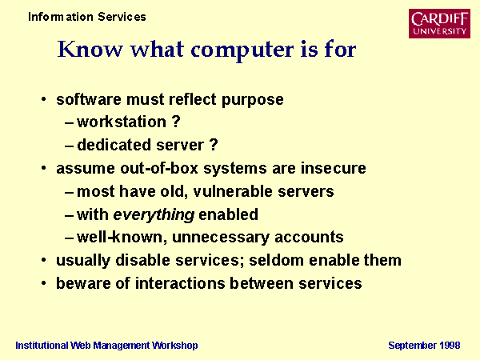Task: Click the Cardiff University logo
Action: coord(439,23)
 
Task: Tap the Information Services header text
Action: coord(87,17)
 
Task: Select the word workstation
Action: coord(122,122)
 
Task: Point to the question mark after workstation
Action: coord(176,122)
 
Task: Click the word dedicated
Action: coord(114,145)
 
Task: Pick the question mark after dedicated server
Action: coord(214,145)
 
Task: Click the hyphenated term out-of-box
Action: coord(159,168)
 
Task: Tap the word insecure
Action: coord(334,168)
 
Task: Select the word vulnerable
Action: coord(233,191)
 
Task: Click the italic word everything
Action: coord(154,215)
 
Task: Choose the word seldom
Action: coord(277,260)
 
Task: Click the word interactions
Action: coord(180,283)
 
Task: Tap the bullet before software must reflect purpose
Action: coord(44,99)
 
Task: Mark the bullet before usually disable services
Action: coord(44,260)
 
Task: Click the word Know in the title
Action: coord(90,49)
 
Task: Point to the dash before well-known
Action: coord(69,238)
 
